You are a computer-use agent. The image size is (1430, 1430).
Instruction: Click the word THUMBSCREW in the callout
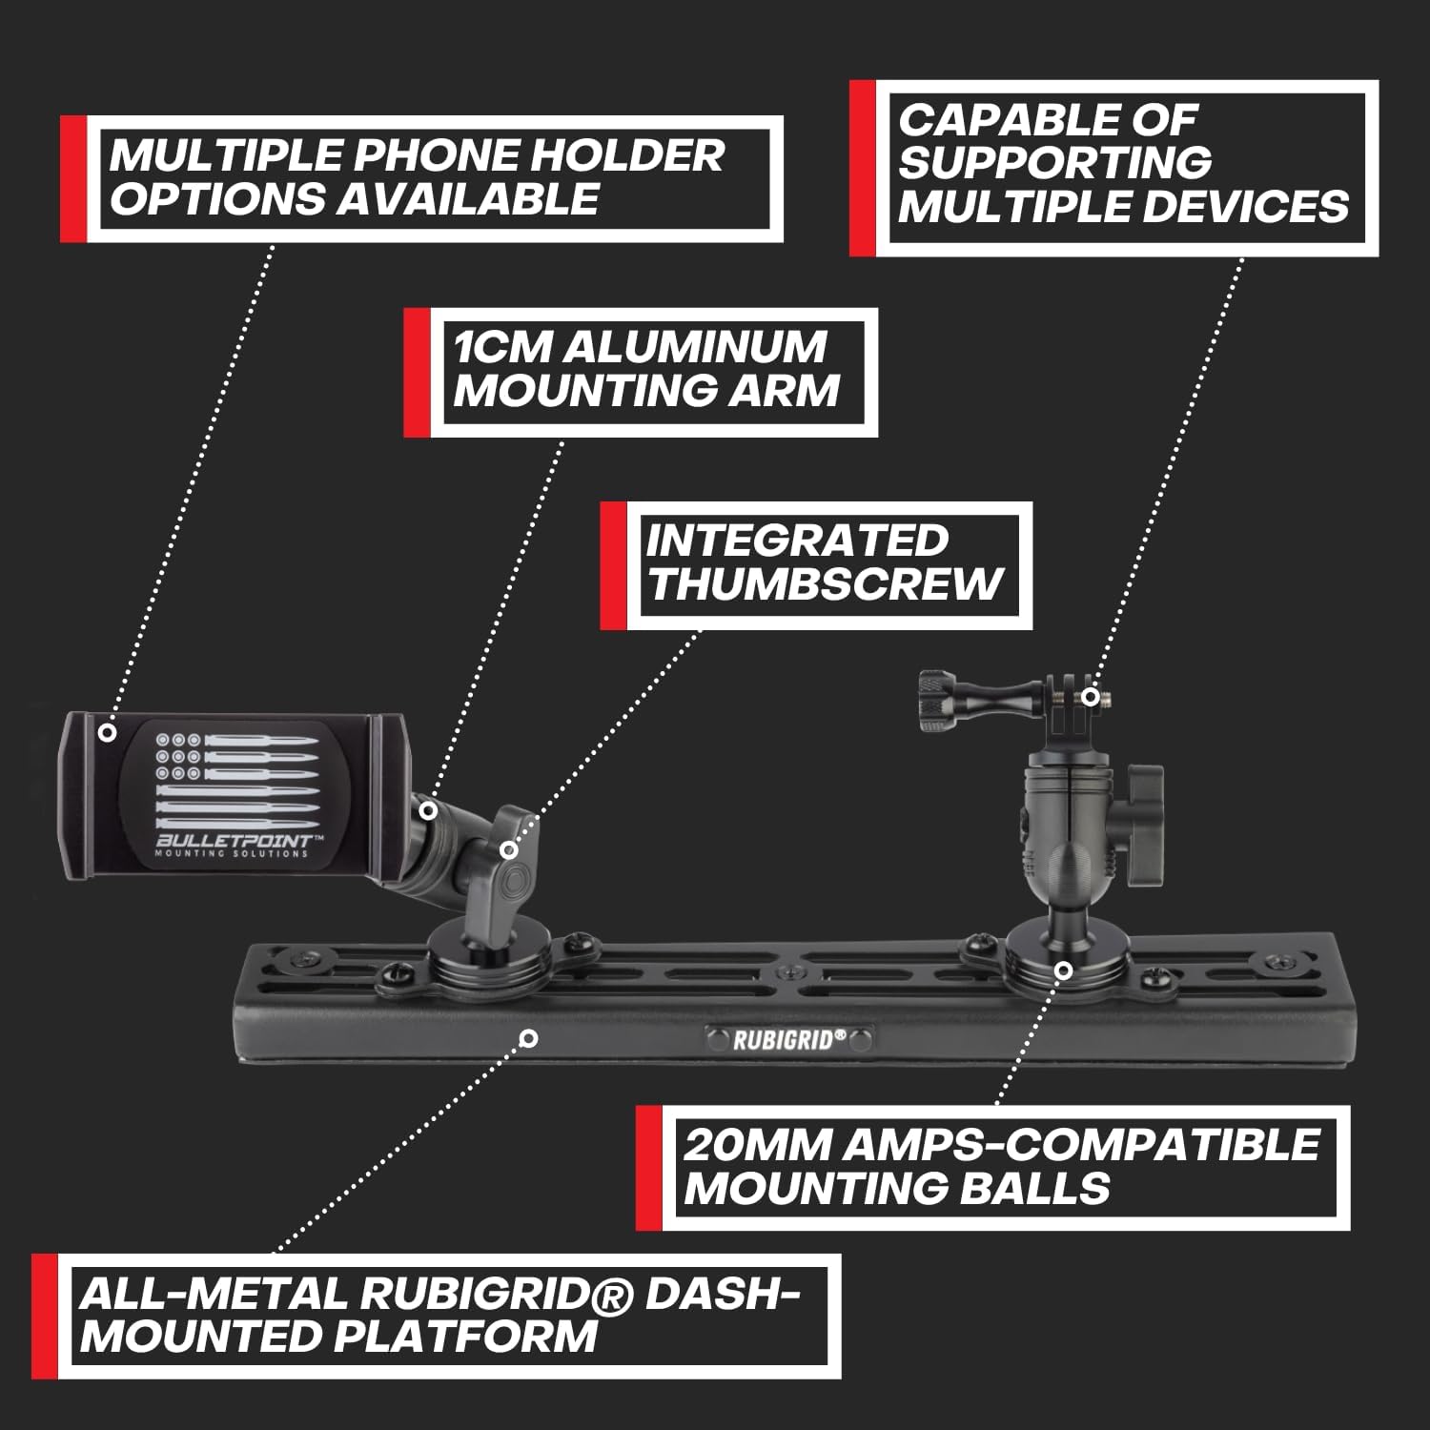pyautogui.click(x=825, y=583)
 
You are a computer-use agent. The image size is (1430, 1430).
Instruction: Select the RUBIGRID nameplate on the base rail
pyautogui.click(x=789, y=1039)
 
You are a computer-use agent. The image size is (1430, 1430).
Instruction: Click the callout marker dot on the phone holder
pyautogui.click(x=108, y=732)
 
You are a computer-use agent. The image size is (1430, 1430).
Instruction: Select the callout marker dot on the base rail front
pyautogui.click(x=531, y=1038)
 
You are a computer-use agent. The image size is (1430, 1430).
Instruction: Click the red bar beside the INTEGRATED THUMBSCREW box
pyautogui.click(x=612, y=566)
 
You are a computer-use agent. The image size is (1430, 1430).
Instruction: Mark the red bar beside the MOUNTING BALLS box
pyautogui.click(x=648, y=1167)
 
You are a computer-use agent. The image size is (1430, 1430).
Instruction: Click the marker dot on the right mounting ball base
pyautogui.click(x=1064, y=970)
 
